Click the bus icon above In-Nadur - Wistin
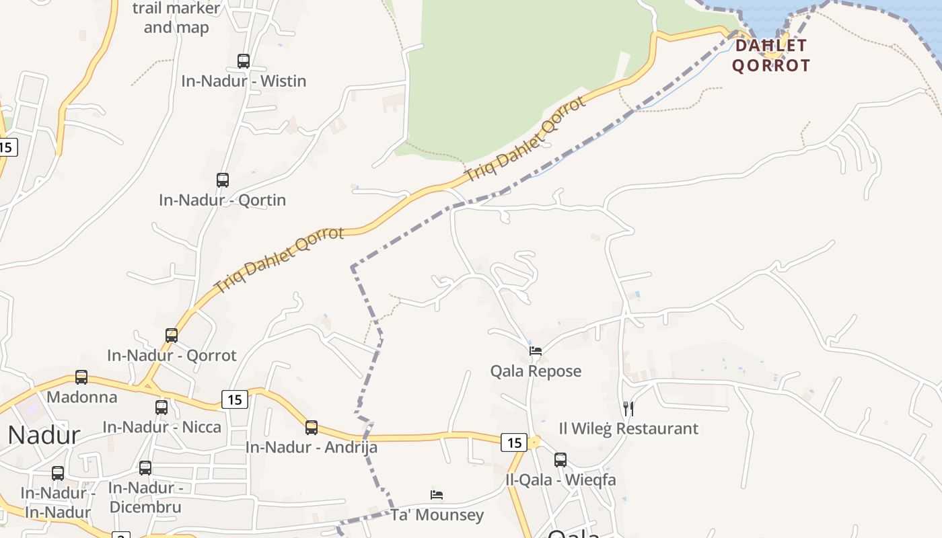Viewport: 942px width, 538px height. pos(244,61)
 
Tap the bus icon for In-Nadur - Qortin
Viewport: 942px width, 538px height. pos(223,180)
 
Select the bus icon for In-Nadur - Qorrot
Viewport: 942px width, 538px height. pos(172,335)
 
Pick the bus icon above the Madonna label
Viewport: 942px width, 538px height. pos(81,377)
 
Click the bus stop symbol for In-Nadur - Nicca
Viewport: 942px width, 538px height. pos(161,407)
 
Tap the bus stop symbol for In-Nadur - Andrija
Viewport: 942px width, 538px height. pos(312,428)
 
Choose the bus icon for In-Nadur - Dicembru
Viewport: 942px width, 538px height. pos(145,468)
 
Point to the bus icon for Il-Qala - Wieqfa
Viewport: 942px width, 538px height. pos(560,460)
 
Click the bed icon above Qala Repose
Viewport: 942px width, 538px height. pos(536,351)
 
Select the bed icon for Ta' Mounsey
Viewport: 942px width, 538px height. pos(437,496)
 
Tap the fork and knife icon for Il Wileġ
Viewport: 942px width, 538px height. pos(628,408)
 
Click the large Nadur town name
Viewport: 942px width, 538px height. pos(44,436)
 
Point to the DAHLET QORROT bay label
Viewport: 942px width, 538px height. pos(771,56)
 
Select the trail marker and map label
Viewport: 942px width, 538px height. pos(176,18)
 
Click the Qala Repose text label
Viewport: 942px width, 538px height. pos(536,371)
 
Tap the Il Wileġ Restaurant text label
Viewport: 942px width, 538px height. pos(628,428)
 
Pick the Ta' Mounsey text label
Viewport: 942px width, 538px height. pos(437,516)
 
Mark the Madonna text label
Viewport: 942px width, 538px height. pos(81,397)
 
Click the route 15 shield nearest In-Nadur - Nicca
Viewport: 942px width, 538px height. pos(234,399)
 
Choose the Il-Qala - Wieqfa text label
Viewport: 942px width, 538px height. pos(560,480)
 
